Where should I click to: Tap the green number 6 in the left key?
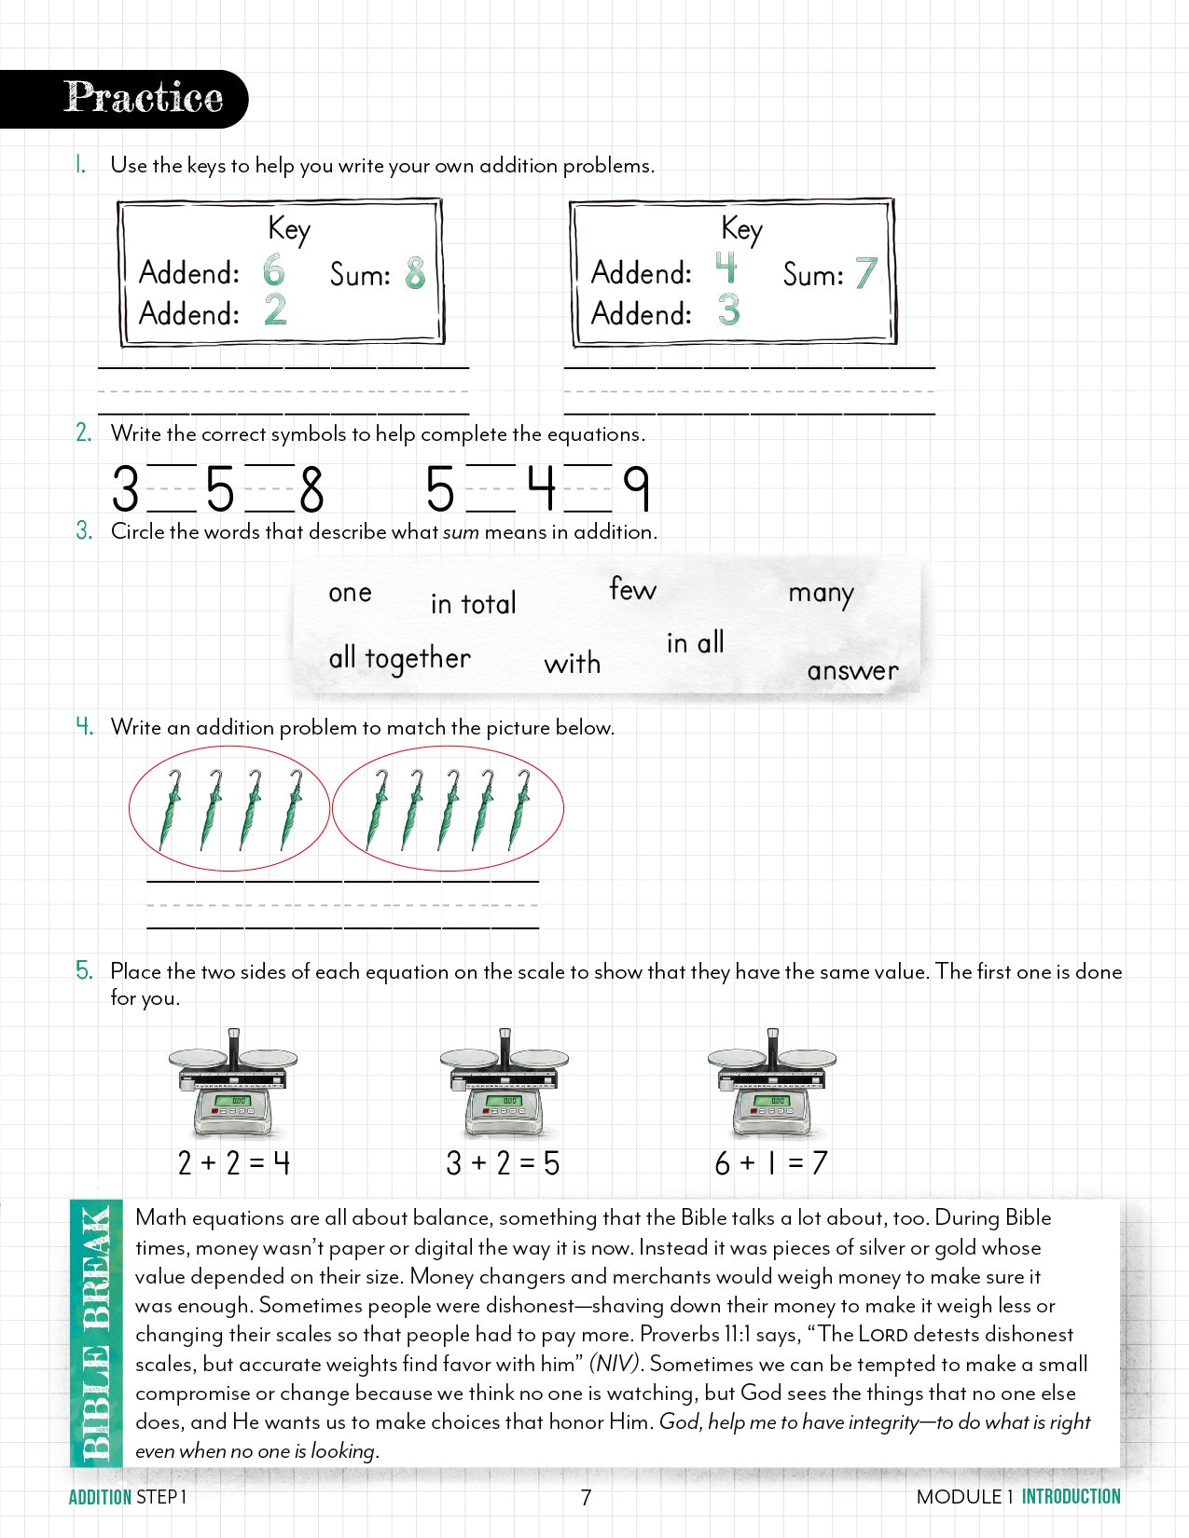pyautogui.click(x=273, y=270)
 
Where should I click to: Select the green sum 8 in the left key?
pyautogui.click(x=415, y=273)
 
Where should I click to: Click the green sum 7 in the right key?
pyautogui.click(x=866, y=273)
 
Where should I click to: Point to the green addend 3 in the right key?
pyautogui.click(x=728, y=310)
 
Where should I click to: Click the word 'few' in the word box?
pyautogui.click(x=632, y=589)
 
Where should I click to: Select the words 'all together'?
pyautogui.click(x=399, y=658)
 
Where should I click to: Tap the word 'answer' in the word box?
pyautogui.click(x=852, y=670)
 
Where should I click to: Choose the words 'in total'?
pyautogui.click(x=473, y=603)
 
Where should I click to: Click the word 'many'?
pyautogui.click(x=821, y=593)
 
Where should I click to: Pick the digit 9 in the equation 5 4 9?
pyautogui.click(x=636, y=488)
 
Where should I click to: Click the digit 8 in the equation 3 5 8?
pyautogui.click(x=311, y=489)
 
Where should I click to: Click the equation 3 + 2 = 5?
pyautogui.click(x=503, y=1162)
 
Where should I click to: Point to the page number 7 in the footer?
pyautogui.click(x=586, y=1497)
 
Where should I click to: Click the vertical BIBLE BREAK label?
pyautogui.click(x=96, y=1333)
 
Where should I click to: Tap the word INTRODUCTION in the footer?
pyautogui.click(x=1071, y=1496)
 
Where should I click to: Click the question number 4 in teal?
pyautogui.click(x=84, y=726)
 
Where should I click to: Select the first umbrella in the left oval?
pyautogui.click(x=172, y=808)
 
